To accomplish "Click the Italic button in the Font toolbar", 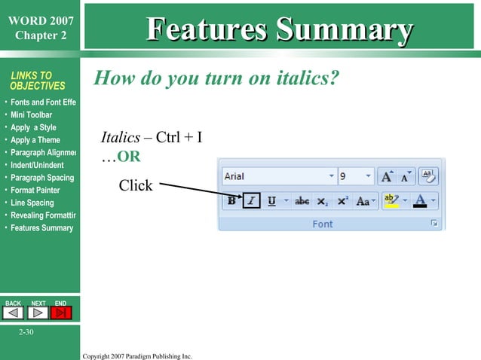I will click(252, 201).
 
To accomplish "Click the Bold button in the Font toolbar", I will click(232, 201).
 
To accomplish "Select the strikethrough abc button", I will click(302, 201).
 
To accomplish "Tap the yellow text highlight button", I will click(391, 201).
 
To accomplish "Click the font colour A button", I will click(420, 201).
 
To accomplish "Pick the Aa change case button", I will click(363, 201).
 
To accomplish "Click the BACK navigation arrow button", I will click(14, 313).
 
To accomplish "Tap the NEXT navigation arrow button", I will click(38, 313).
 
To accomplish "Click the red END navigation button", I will click(61, 313).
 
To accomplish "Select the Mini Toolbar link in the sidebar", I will click(31, 115).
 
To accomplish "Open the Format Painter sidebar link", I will click(35, 191).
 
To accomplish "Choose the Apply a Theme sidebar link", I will click(35, 140).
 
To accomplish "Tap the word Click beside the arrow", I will click(136, 185).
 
